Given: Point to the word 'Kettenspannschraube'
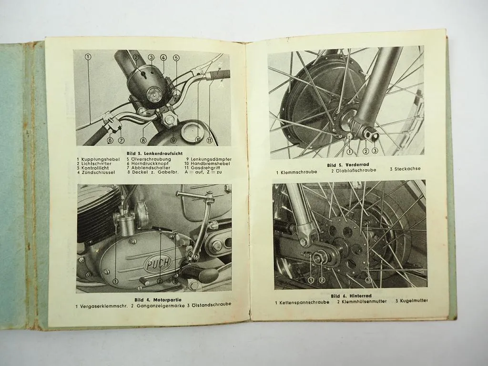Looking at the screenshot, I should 304,302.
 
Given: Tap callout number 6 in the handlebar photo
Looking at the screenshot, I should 110,140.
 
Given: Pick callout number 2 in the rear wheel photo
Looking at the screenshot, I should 322,280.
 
